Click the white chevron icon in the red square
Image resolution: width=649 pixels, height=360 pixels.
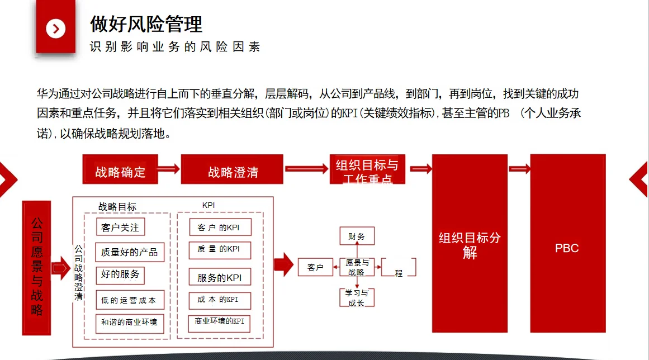(55, 29)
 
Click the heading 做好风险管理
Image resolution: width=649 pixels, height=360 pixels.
(146, 24)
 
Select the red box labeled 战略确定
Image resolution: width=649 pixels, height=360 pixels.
(120, 169)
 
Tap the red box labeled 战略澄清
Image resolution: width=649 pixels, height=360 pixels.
(232, 169)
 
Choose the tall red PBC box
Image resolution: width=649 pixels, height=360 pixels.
(567, 243)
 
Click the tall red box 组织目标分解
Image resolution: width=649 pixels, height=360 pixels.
(470, 243)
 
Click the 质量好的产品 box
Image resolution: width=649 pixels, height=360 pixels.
(129, 252)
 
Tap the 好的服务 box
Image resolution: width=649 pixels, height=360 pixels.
(120, 275)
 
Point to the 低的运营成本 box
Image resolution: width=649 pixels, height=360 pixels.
(129, 300)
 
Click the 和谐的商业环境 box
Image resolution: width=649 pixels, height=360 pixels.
(129, 323)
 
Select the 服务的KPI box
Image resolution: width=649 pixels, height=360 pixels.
(220, 277)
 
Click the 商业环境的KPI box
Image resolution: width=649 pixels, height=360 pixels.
(219, 323)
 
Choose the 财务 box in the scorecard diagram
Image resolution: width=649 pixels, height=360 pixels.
(357, 236)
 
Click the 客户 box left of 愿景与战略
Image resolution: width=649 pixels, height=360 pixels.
(315, 268)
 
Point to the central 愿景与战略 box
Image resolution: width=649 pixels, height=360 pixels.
(357, 268)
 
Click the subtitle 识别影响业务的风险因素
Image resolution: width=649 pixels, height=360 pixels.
(175, 47)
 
